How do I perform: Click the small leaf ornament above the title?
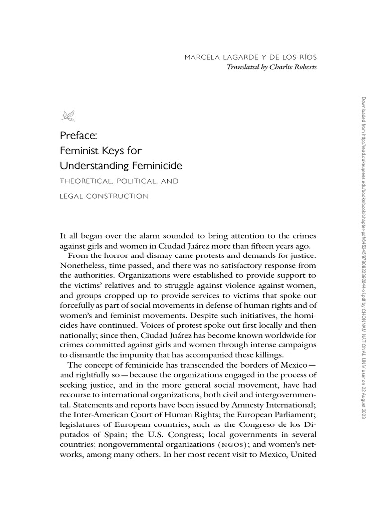[66, 116]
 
